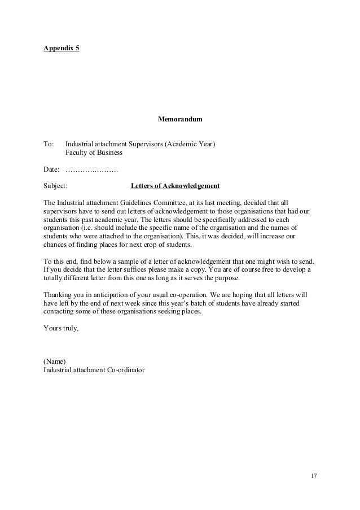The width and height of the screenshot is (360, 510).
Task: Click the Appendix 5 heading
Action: click(x=62, y=48)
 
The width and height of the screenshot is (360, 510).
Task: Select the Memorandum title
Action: click(x=179, y=120)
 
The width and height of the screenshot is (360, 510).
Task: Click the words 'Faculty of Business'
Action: click(x=94, y=152)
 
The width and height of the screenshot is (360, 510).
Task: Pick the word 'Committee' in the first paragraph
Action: click(x=164, y=202)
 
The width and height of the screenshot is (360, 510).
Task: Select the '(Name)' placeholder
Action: click(x=55, y=361)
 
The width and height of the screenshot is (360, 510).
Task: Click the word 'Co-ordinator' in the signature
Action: click(x=126, y=370)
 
